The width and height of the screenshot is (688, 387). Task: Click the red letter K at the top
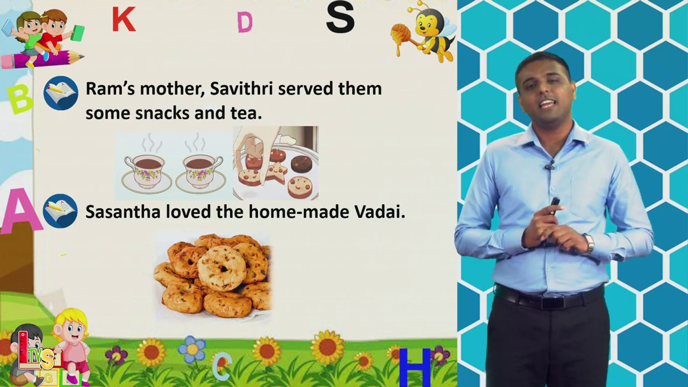[x=124, y=19]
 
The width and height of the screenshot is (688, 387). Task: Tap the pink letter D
[x=245, y=23]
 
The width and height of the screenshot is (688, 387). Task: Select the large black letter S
[x=340, y=17]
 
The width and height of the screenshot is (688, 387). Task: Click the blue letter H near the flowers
[x=414, y=367]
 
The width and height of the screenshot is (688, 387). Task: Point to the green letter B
[x=20, y=98]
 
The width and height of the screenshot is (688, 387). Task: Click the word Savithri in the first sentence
[x=241, y=89]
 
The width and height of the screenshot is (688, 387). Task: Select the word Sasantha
[x=123, y=212]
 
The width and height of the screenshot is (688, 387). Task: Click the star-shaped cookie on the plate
[x=277, y=173]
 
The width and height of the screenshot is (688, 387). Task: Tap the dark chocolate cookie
[x=302, y=164]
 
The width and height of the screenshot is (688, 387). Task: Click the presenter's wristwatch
[x=589, y=244]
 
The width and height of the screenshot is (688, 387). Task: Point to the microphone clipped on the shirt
[x=549, y=166]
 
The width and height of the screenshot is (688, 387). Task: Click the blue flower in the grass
[x=192, y=349]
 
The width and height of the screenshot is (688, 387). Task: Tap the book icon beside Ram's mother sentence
[x=61, y=93]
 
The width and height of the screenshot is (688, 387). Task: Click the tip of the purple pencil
[x=83, y=56]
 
